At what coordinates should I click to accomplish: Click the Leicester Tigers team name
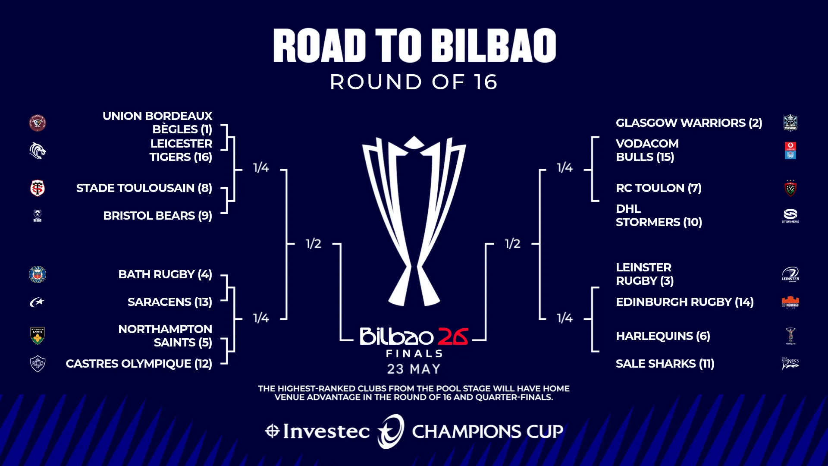181,150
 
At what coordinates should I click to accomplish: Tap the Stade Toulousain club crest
38,188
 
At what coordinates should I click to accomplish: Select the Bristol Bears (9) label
157,216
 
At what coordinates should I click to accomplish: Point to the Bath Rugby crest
38,274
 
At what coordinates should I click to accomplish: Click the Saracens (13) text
169,302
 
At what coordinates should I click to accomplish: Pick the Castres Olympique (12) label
138,364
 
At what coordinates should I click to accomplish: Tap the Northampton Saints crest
38,336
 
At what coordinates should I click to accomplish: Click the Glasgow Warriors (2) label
689,123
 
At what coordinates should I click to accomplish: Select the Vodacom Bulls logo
790,151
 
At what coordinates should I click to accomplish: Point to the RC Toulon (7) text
659,188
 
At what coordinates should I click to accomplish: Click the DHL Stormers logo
790,215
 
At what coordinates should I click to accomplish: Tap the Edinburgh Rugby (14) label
684,302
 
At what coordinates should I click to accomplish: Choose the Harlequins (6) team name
663,336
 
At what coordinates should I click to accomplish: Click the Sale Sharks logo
790,363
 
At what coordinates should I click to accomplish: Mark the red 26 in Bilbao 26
453,337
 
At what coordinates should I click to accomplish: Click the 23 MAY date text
414,369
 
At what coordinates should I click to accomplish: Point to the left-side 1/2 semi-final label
314,244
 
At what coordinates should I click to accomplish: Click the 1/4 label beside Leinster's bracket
565,318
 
